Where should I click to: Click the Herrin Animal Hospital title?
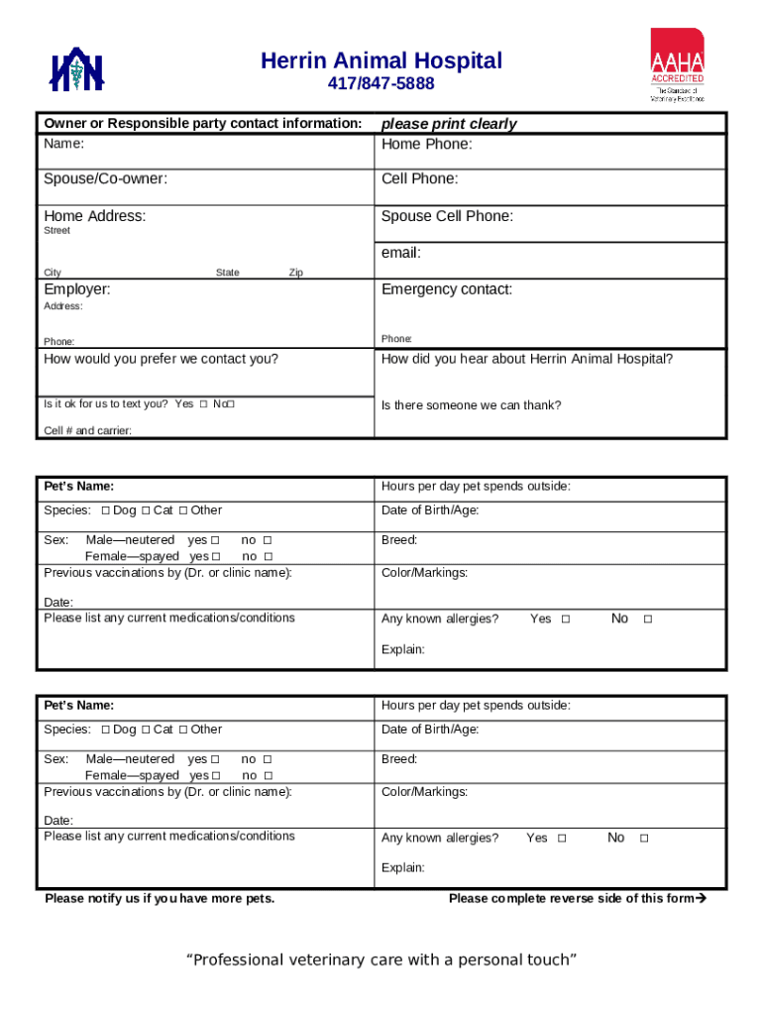381,61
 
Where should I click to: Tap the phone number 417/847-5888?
381,84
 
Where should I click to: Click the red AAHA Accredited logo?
678,64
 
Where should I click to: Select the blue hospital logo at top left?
78,70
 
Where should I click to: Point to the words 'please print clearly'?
449,124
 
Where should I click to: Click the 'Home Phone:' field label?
427,145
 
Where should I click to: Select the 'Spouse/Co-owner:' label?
105,179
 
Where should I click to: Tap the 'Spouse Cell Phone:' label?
447,216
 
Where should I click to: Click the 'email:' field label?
401,253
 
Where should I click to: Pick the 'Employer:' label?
77,289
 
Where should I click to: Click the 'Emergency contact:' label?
447,289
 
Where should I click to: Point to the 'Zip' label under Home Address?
295,273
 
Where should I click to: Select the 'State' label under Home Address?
227,273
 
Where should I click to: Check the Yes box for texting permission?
203,404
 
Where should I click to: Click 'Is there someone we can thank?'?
471,405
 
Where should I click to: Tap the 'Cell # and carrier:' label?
88,430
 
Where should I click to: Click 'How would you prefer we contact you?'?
161,359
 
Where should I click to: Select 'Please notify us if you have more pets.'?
160,899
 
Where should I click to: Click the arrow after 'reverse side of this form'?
702,899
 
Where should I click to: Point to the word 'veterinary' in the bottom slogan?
327,959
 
